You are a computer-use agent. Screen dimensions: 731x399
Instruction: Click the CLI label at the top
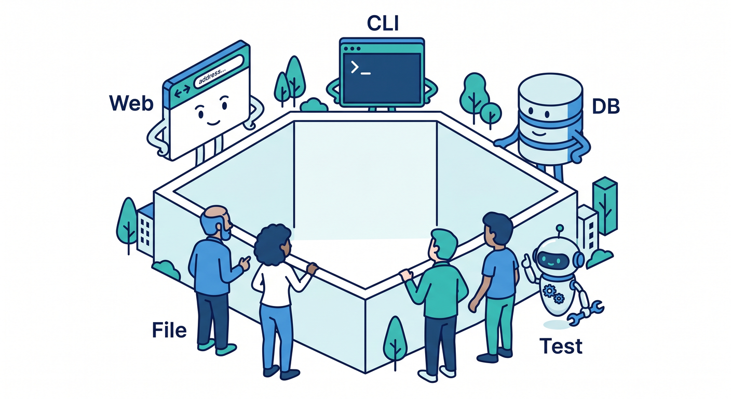(383, 23)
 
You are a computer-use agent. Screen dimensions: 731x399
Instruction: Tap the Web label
(131, 103)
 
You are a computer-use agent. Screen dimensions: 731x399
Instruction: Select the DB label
(606, 107)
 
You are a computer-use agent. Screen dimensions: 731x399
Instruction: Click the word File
(169, 330)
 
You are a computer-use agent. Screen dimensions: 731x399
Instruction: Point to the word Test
(561, 346)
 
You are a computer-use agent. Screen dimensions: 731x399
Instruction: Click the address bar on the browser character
(219, 72)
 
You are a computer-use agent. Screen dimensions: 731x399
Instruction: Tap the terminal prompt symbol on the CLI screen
(360, 68)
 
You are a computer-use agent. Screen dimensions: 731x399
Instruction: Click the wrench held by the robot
(586, 313)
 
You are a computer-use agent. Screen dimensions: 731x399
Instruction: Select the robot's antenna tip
(560, 227)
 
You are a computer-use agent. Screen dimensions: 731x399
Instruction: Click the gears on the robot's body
(553, 294)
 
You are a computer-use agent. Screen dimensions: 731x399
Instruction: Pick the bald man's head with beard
(216, 223)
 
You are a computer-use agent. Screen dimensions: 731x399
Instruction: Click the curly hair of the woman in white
(272, 245)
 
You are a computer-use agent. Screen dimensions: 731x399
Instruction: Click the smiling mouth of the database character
(538, 134)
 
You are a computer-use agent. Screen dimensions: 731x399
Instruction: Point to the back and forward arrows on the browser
(182, 91)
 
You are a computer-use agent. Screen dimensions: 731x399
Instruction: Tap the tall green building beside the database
(605, 205)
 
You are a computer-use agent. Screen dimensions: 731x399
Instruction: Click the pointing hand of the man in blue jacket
(245, 262)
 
